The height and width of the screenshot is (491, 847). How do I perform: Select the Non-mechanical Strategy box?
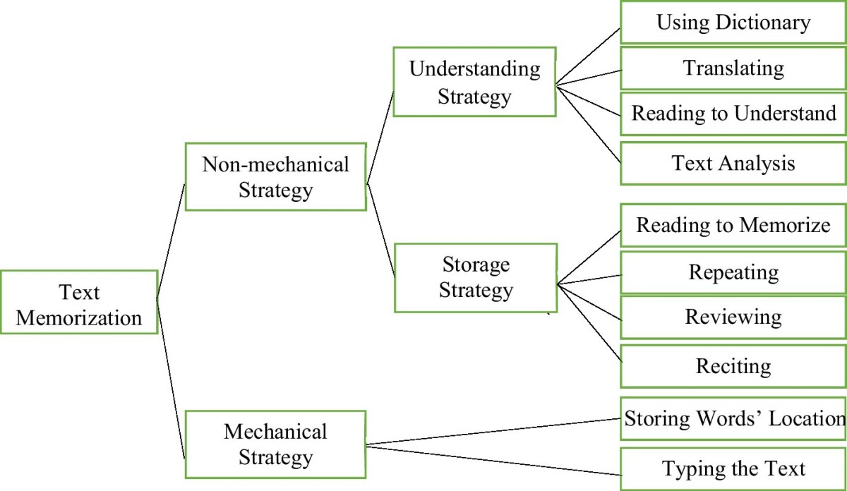(x=275, y=177)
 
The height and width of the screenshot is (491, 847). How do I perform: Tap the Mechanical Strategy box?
(x=275, y=444)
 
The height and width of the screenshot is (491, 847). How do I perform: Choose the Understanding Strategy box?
(x=474, y=82)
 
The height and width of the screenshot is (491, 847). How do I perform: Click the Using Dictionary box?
(x=733, y=23)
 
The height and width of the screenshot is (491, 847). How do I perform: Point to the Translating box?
(x=733, y=68)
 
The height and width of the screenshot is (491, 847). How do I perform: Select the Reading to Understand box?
(x=733, y=114)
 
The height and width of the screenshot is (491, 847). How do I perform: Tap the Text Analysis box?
(x=733, y=164)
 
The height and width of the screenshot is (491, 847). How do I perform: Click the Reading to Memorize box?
(x=733, y=226)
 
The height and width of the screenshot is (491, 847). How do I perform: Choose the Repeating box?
(x=733, y=272)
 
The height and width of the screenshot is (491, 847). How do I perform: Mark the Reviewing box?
(x=733, y=317)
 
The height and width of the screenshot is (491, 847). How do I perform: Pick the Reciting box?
(x=733, y=366)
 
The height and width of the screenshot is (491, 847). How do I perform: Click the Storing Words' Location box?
(x=733, y=419)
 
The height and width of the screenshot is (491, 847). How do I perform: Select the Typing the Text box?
(x=733, y=468)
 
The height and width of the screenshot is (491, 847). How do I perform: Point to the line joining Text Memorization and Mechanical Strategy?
(x=170, y=378)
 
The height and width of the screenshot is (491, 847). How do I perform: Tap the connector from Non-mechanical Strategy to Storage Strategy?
(x=380, y=229)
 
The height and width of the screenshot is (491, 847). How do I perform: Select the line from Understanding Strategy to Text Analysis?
(x=589, y=124)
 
